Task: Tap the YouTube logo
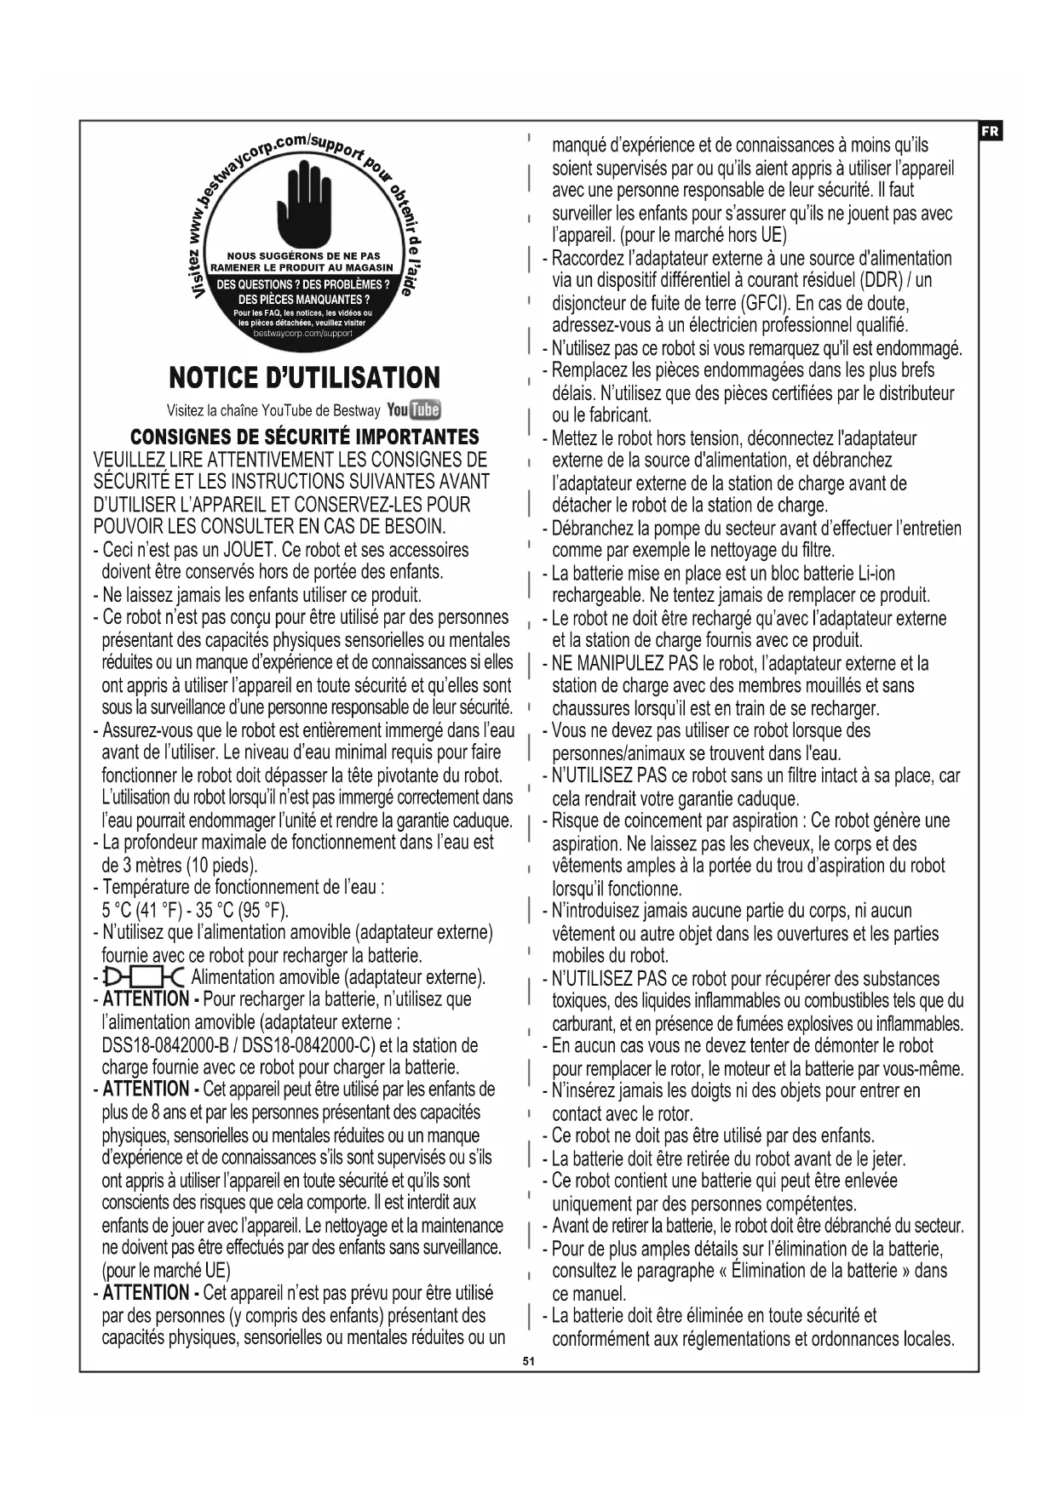coord(413,409)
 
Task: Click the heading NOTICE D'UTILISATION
coord(304,378)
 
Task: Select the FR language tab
coord(990,131)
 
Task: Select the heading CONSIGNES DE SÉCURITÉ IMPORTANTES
coord(304,438)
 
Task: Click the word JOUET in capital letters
coord(248,550)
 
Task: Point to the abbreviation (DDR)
coord(878,281)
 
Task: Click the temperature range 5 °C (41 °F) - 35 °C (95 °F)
coord(195,910)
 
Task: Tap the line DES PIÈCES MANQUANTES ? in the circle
coord(303,300)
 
